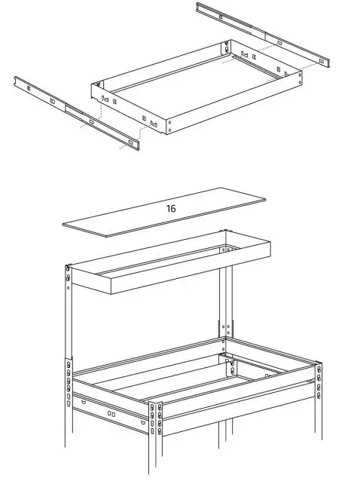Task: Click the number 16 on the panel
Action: (171, 208)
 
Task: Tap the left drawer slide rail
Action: (75, 110)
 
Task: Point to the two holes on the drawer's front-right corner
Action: (169, 127)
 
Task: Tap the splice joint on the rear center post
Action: (226, 329)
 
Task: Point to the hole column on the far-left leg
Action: (69, 381)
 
